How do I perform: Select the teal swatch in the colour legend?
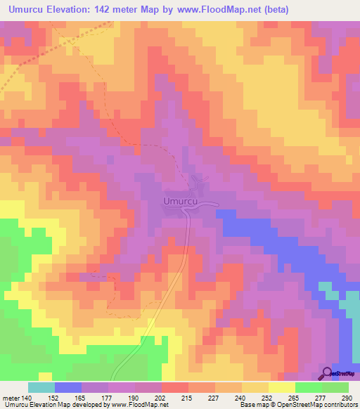click(41, 387)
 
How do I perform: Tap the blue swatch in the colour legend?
click(67, 387)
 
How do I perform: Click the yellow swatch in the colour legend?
click(281, 387)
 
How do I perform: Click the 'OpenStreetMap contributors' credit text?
click(318, 405)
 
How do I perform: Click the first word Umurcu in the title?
click(27, 9)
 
